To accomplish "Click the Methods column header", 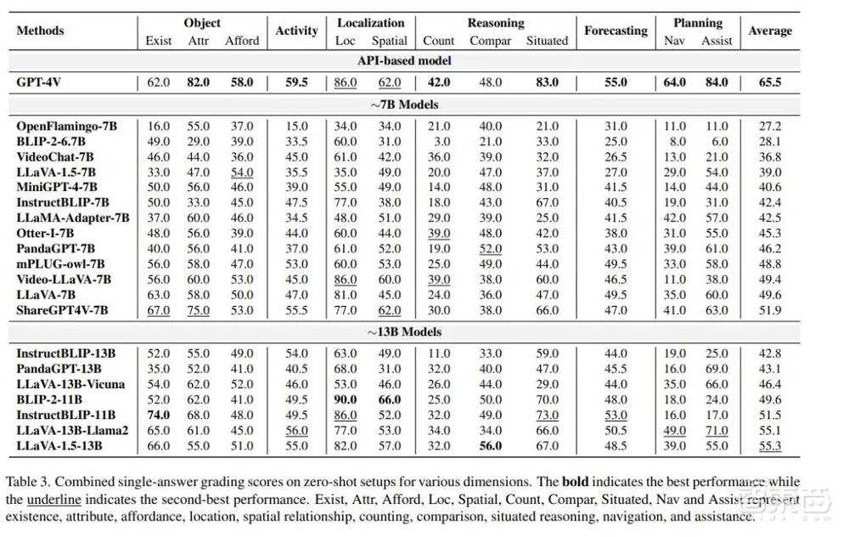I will [40, 31].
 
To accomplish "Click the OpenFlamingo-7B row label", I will [67, 126].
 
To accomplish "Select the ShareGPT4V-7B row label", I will [62, 310].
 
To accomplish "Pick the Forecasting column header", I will [616, 31].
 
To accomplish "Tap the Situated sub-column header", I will [547, 40].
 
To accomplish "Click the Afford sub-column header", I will [242, 40].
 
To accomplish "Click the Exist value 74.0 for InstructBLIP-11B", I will [159, 415].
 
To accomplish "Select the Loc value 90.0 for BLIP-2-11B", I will [345, 399].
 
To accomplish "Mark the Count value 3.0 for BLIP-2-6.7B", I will [439, 141].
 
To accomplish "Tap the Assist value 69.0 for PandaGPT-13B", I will [717, 369].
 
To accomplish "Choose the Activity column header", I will [296, 31].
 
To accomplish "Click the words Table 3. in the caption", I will [37, 482].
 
